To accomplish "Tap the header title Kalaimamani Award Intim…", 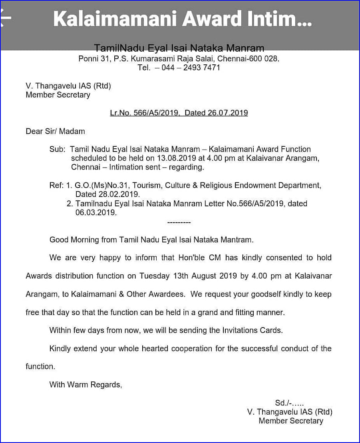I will (182, 18).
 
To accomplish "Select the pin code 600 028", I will (265, 59).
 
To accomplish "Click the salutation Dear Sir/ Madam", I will (55, 131).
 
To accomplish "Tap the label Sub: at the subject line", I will (57, 149).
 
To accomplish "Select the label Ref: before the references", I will (56, 186).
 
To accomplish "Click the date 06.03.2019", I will (96, 213).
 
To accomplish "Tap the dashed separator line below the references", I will (179, 222).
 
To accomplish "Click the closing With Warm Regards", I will (86, 385).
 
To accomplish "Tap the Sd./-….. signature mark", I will (289, 403).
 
